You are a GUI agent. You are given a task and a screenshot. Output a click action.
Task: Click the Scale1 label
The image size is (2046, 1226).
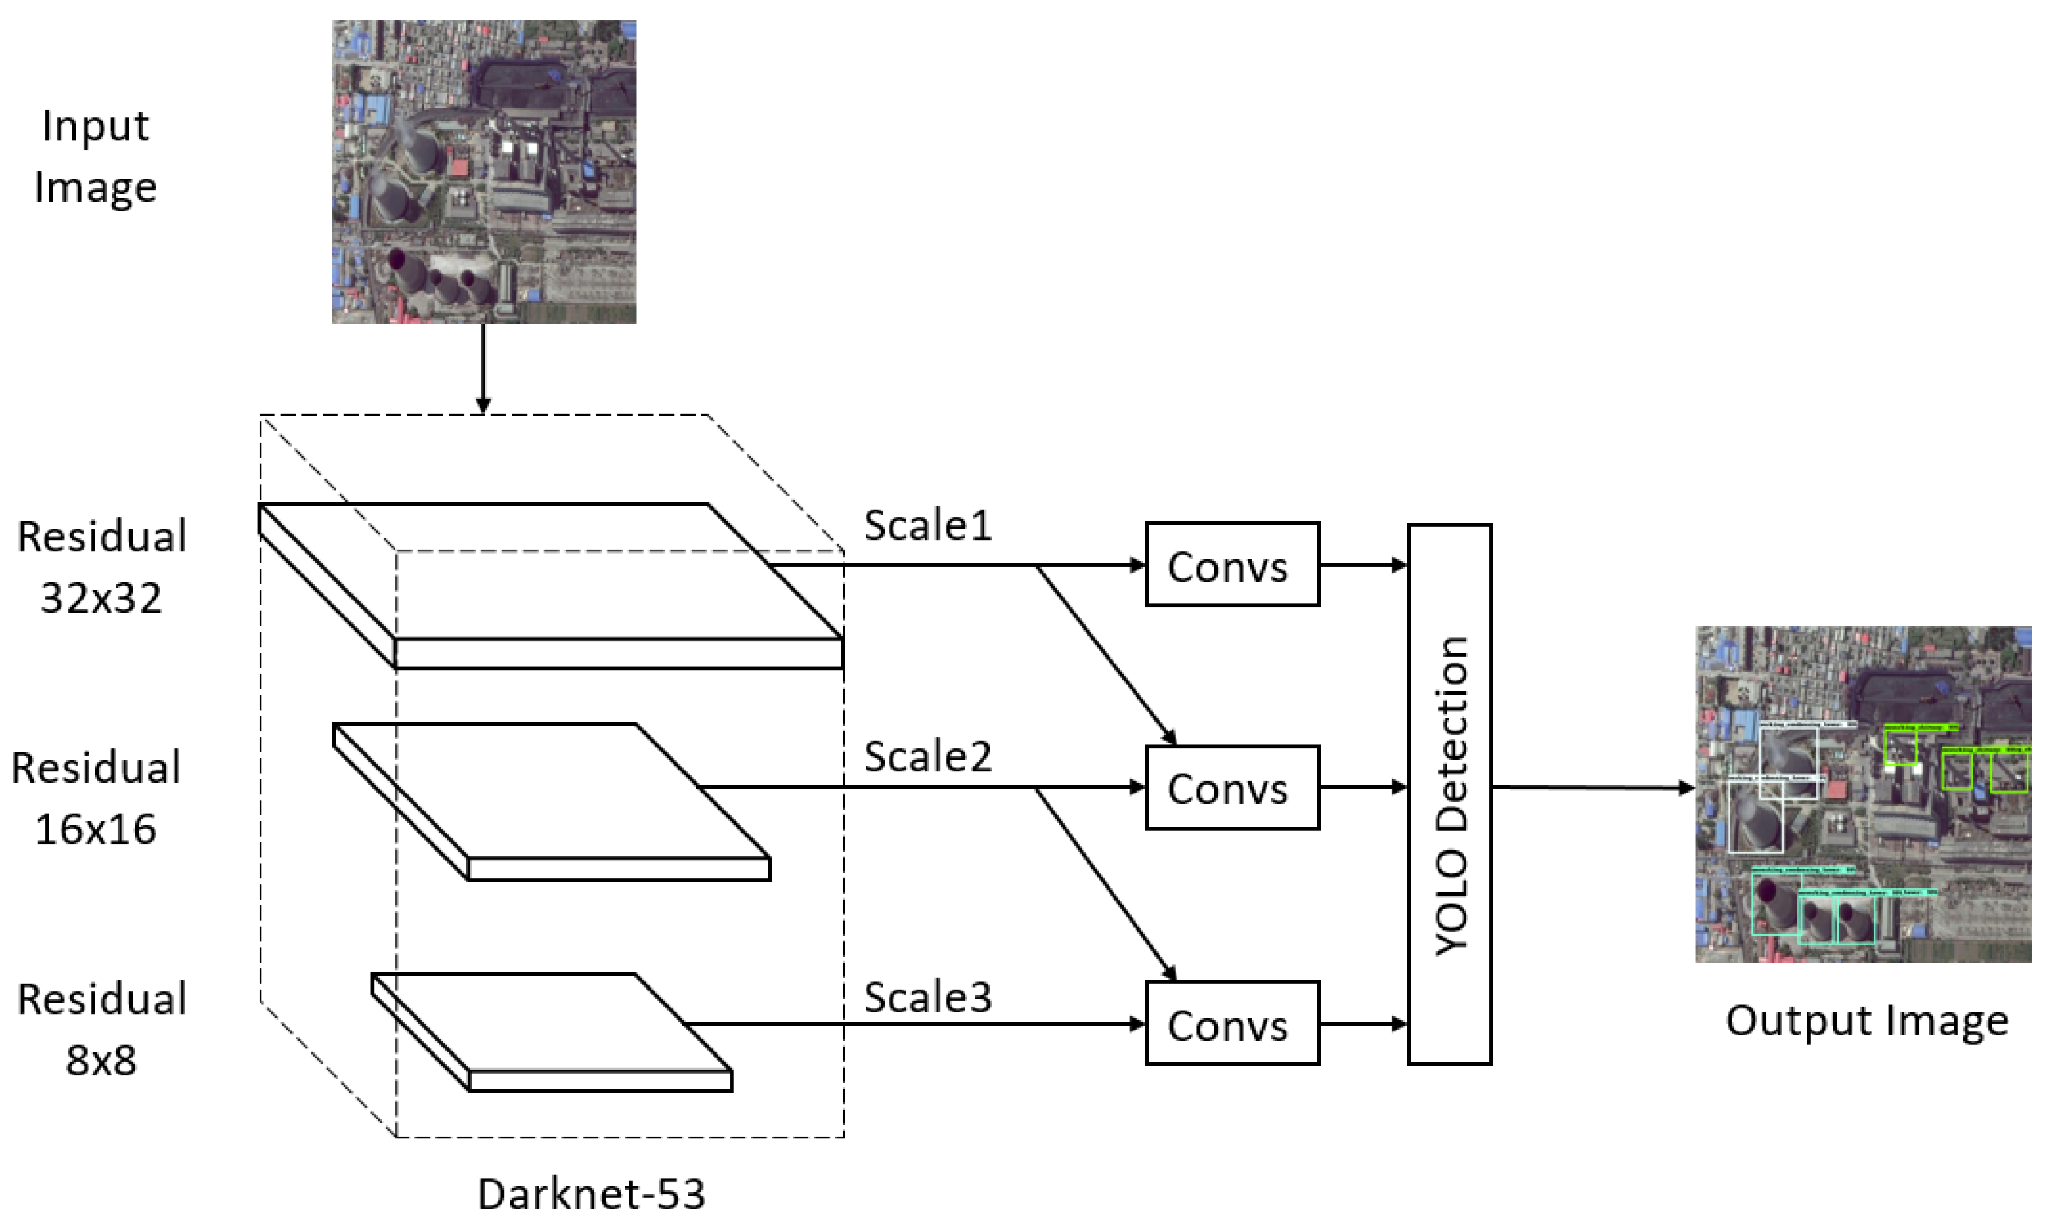pos(927,526)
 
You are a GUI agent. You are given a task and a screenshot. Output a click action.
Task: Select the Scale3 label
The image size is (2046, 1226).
pos(927,997)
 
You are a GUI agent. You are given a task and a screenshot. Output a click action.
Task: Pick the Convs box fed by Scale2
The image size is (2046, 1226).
pos(1231,787)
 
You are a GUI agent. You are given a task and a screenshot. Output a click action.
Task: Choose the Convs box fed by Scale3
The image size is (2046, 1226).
pos(1231,1024)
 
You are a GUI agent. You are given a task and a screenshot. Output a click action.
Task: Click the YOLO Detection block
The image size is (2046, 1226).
pos(1450,794)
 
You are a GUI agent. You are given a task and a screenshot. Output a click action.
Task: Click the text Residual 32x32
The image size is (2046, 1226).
pos(101,567)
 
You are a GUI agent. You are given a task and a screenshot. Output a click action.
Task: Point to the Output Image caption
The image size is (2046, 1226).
pos(1867,1021)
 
